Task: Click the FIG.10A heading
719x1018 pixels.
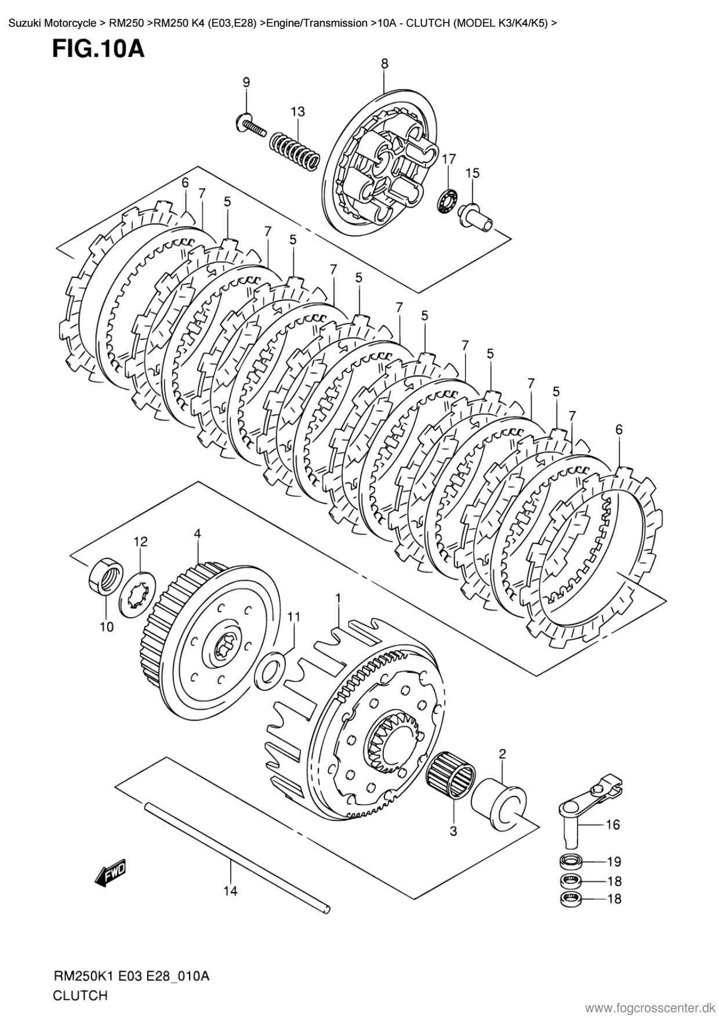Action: tap(98, 49)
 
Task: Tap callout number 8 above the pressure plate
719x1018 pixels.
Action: tap(385, 64)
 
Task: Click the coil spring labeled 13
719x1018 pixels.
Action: tap(295, 150)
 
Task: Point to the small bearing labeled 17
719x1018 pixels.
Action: tap(448, 200)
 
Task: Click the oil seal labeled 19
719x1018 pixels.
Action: tap(573, 860)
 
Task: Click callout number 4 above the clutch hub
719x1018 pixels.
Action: tap(197, 534)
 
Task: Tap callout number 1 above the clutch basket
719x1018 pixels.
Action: tap(338, 597)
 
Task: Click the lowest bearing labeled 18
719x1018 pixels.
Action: tap(573, 899)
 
